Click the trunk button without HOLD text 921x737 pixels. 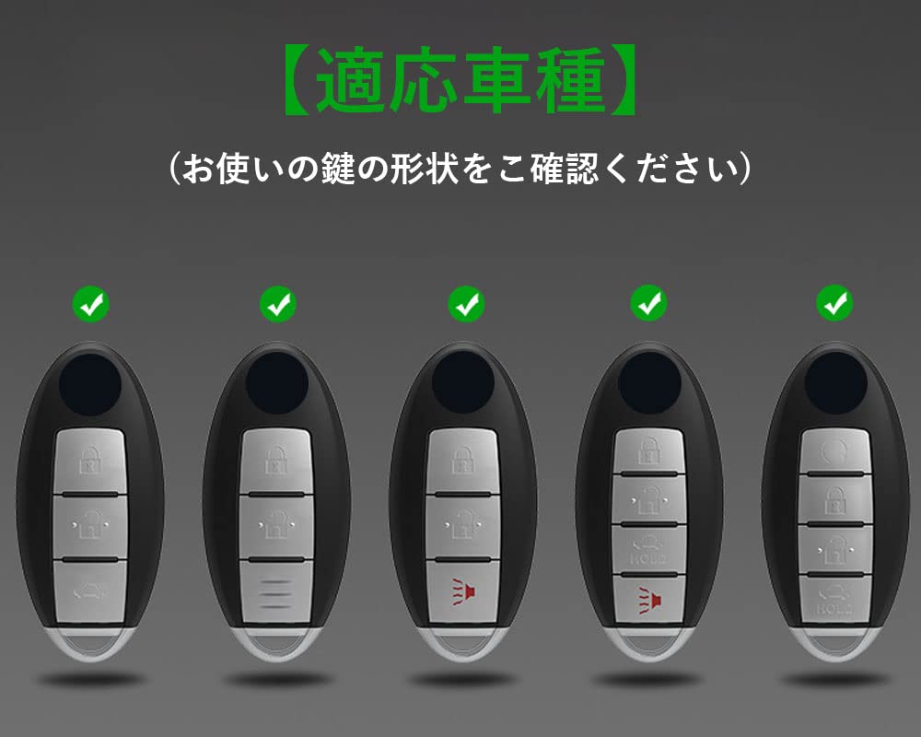tap(90, 587)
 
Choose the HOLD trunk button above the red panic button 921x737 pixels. tap(649, 551)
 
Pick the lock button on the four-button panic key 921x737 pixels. tap(649, 450)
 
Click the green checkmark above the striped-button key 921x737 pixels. tap(277, 303)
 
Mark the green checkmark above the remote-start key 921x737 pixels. tap(835, 303)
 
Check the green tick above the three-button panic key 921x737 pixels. tap(465, 303)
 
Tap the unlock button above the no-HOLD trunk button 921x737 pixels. tap(90, 523)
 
